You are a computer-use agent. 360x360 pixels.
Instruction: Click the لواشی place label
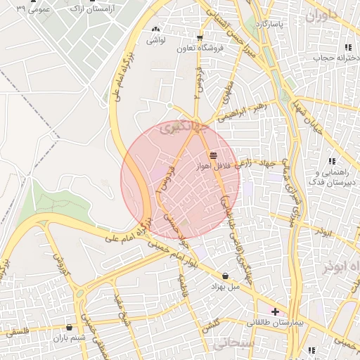pos(155,41)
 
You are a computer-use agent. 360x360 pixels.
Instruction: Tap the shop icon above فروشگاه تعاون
pos(200,38)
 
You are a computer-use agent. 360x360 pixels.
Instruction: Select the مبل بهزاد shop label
pos(225,286)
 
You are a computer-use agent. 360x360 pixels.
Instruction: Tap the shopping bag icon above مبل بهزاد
pos(225,276)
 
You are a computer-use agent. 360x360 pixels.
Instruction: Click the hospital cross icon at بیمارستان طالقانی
pos(275,311)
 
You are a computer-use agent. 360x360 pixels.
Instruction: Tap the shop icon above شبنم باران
pos(69,327)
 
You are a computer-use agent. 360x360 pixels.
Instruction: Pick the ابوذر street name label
pos(323,231)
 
